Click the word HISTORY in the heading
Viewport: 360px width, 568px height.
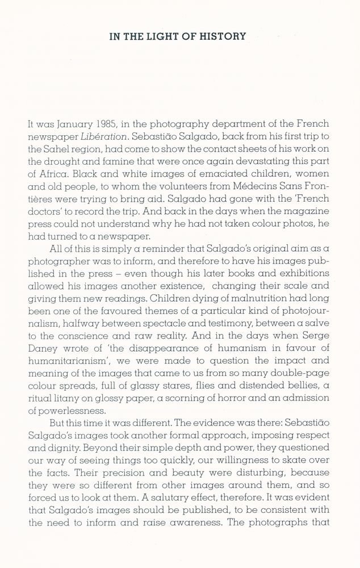click(224, 37)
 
